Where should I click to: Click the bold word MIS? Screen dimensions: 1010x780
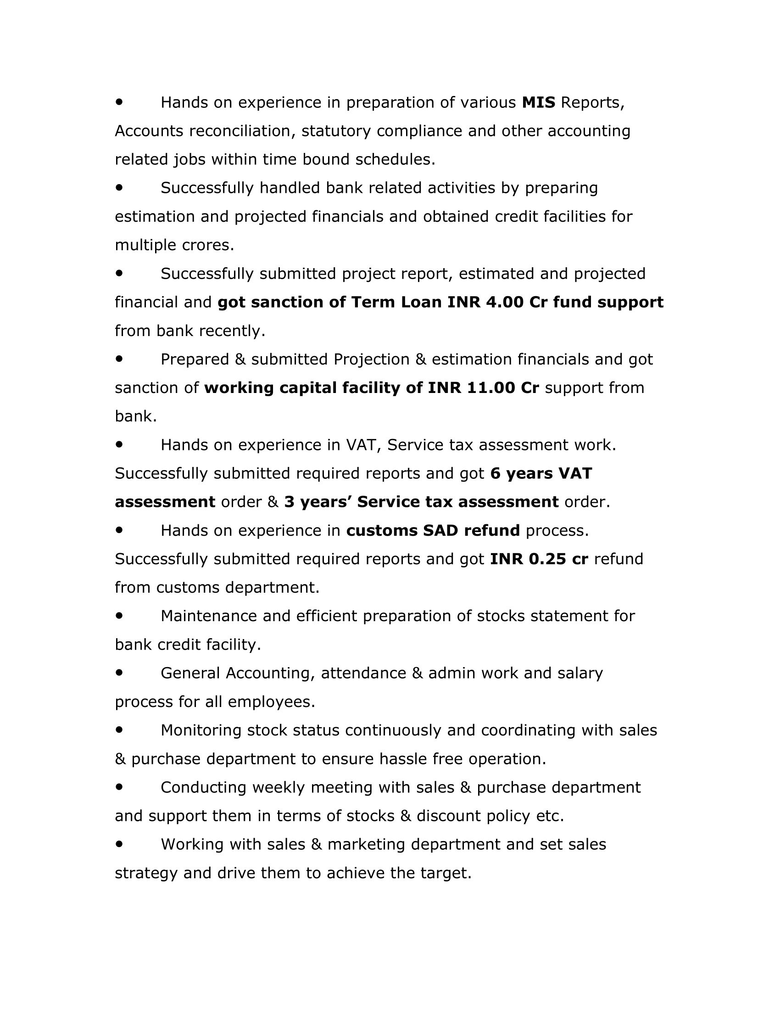pyautogui.click(x=538, y=103)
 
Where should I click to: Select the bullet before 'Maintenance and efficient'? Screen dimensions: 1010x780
pyautogui.click(x=120, y=616)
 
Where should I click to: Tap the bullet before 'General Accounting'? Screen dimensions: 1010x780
pyautogui.click(x=120, y=673)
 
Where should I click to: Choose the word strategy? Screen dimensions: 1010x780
pyautogui.click(x=146, y=874)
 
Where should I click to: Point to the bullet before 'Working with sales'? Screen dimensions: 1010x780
pyautogui.click(x=120, y=844)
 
